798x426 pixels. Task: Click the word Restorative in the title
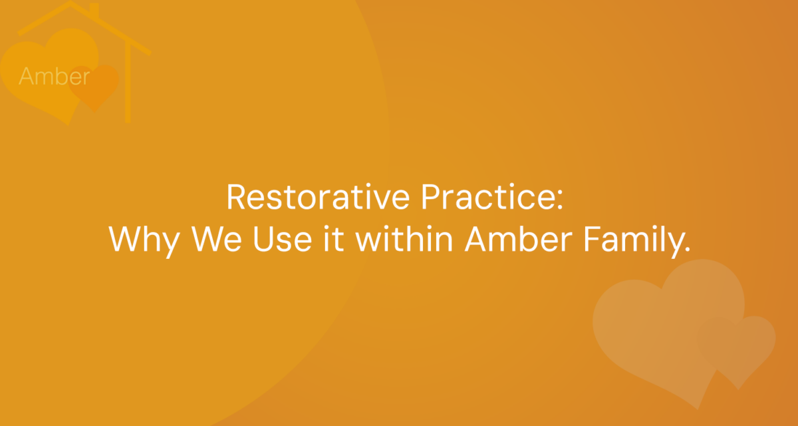[x=319, y=197]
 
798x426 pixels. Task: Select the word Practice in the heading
[x=487, y=197]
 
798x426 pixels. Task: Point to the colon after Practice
[x=560, y=199]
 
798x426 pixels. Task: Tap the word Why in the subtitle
[x=145, y=240]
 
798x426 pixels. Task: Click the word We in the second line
[x=217, y=239]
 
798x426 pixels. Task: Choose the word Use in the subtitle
[x=283, y=239]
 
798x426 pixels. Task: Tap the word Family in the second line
[x=632, y=241]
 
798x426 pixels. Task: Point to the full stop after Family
[x=687, y=249]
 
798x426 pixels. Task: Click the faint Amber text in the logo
[x=54, y=76]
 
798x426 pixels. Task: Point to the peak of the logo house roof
[x=70, y=3]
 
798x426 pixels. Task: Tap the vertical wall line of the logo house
[x=128, y=83]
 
